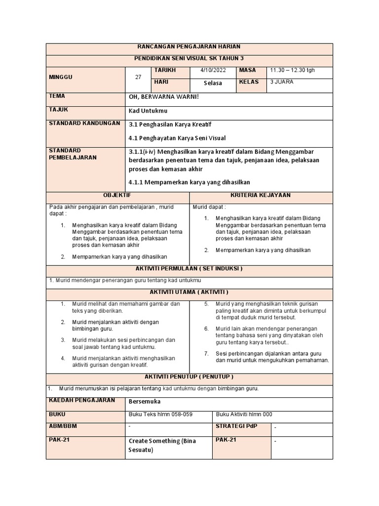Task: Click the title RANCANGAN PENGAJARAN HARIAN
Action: pos(189,46)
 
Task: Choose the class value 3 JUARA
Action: pos(282,82)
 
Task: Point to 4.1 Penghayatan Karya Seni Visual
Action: pos(177,138)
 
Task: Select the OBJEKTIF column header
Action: pos(117,195)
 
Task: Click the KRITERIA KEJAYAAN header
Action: pos(261,195)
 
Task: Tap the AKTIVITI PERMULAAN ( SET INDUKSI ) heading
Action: pos(189,268)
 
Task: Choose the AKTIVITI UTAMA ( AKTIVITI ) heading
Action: pos(189,292)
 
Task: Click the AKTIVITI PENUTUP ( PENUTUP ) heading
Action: pos(189,377)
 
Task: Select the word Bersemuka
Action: pos(145,402)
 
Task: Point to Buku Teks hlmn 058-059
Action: pos(161,415)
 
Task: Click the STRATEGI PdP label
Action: pos(236,426)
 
